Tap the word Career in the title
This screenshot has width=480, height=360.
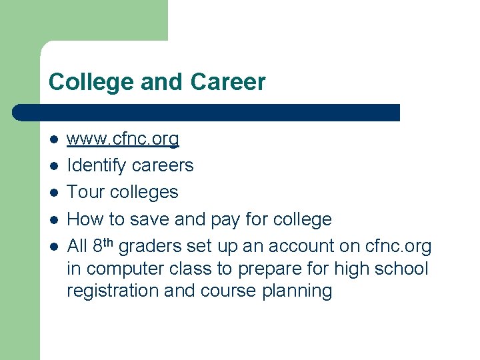point(227,83)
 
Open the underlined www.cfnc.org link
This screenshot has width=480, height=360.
point(123,139)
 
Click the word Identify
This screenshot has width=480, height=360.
point(97,165)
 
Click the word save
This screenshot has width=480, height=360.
point(152,219)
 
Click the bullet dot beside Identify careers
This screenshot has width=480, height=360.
point(53,165)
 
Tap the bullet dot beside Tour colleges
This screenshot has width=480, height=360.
point(53,192)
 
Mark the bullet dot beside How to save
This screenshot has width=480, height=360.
point(53,219)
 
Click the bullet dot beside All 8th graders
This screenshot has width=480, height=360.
point(53,246)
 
